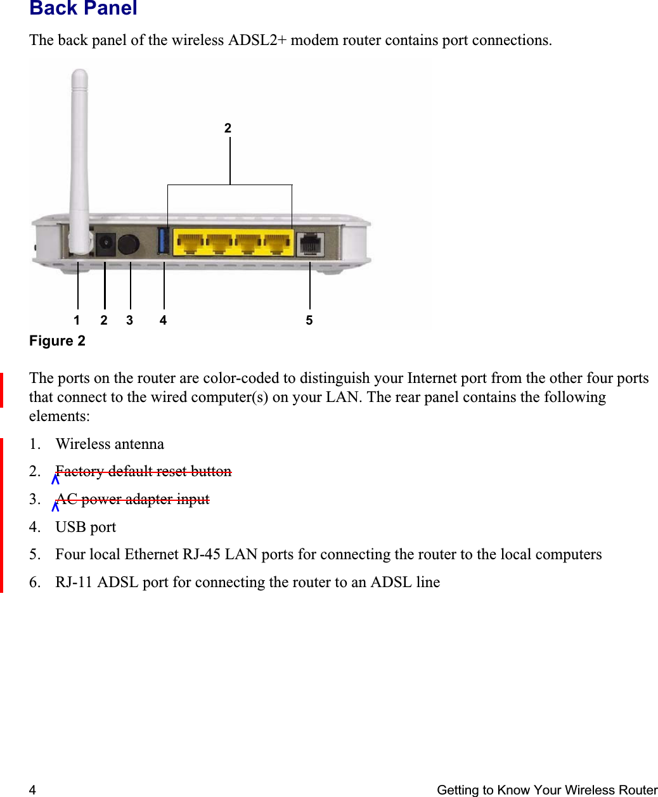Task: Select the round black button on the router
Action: coord(129,244)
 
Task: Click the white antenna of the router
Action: coord(79,159)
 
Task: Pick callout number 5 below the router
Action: coord(309,320)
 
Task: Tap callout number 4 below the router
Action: coord(163,320)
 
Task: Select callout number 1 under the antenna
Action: coord(77,320)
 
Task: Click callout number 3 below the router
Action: coord(129,320)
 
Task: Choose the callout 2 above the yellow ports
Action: coord(228,128)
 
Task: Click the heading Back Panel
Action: coord(83,8)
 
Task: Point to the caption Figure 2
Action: coord(57,341)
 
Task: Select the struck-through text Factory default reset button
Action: coord(143,471)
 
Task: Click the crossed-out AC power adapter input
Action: coord(132,499)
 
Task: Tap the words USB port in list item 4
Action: coord(86,527)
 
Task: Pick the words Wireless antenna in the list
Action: coord(110,444)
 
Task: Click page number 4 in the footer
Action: coord(32,790)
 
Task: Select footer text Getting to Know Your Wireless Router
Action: coord(546,790)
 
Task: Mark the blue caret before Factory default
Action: coord(55,479)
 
